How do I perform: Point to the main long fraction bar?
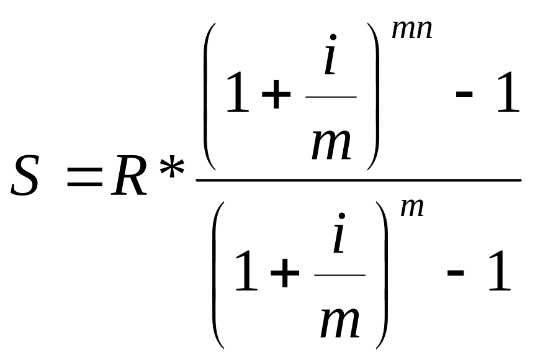(x=358, y=181)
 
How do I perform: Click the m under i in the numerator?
(x=331, y=142)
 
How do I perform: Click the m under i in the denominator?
(x=339, y=320)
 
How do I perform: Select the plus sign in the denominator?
(x=282, y=275)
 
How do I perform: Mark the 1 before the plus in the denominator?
(x=246, y=272)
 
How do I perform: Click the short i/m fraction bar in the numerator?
(x=331, y=97)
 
